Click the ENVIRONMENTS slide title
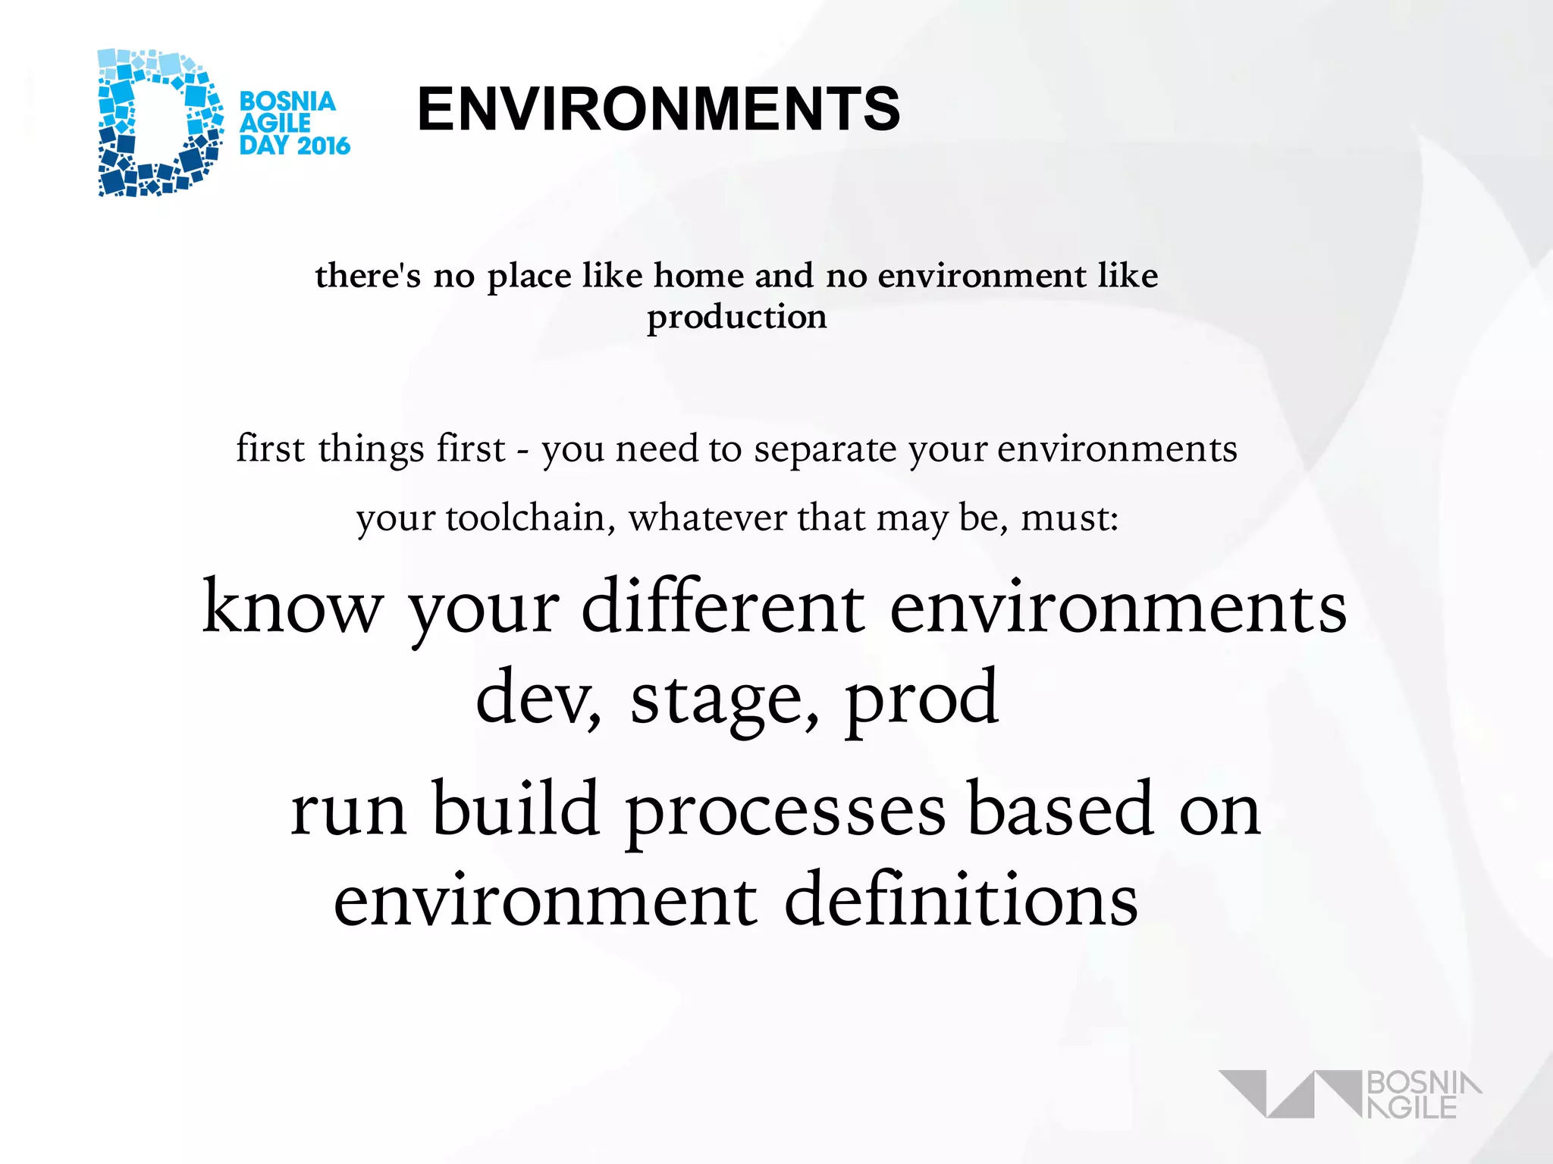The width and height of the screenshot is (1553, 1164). pos(658,110)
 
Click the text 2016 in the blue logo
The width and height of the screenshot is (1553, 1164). pos(322,145)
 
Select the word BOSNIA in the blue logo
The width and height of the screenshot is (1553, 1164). pos(287,102)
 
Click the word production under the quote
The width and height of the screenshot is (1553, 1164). pos(736,317)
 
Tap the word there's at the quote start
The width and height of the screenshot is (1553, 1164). pos(368,276)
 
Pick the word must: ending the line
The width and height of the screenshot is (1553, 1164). pos(1069,519)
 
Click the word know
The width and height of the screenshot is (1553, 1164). pos(293,609)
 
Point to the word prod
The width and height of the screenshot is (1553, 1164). pos(921,699)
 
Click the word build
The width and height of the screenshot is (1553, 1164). pos(516,809)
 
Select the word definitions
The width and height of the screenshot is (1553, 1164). pos(961,900)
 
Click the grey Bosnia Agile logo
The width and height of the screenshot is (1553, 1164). pos(1350,1094)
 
